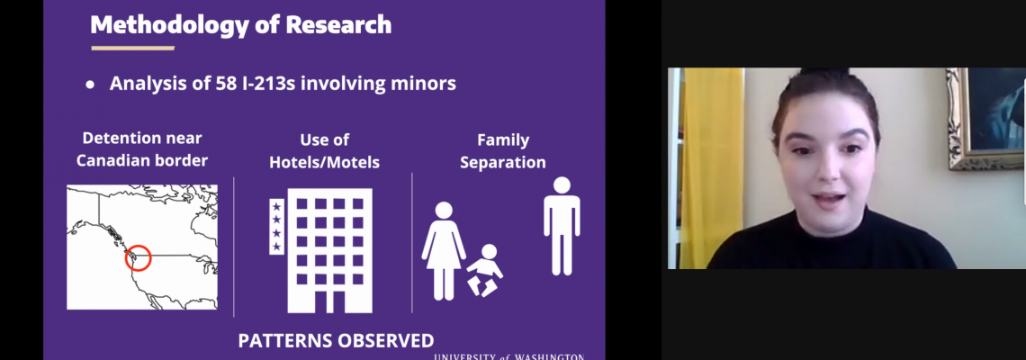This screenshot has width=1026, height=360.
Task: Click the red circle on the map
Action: [138, 257]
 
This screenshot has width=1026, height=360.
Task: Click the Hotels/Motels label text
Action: [325, 162]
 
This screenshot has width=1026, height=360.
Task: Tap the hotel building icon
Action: [329, 251]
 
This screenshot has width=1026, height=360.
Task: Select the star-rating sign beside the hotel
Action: [276, 226]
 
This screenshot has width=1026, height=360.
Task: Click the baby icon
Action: [484, 270]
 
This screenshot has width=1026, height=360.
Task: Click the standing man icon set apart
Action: [562, 226]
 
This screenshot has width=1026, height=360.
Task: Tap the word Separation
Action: [502, 162]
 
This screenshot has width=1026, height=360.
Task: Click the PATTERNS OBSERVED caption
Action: [336, 340]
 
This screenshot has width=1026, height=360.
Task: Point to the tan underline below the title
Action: [133, 48]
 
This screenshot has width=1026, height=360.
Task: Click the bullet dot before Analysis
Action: [90, 85]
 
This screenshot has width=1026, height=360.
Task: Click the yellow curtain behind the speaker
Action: [712, 168]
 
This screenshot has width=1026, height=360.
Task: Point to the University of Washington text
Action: [509, 356]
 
